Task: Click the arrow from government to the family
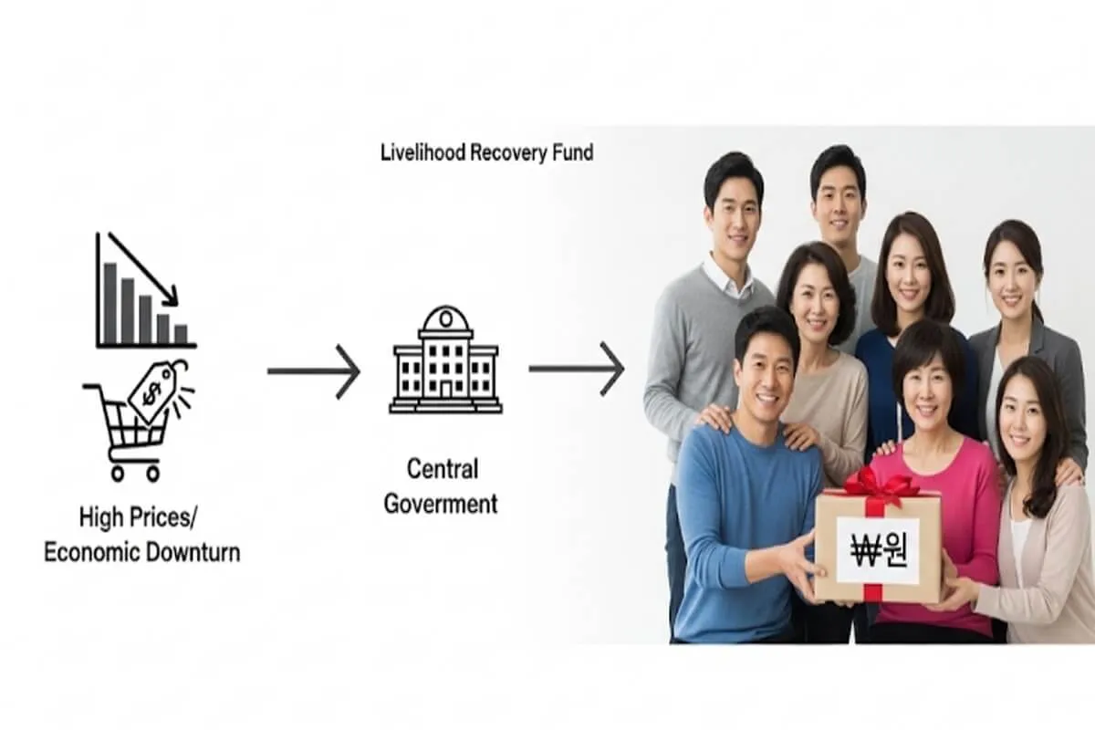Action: [x=576, y=369]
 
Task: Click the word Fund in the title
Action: [x=571, y=152]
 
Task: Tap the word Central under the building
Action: [x=442, y=470]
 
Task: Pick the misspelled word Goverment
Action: [x=441, y=503]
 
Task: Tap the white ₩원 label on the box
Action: [x=877, y=549]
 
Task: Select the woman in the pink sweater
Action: [x=926, y=456]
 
